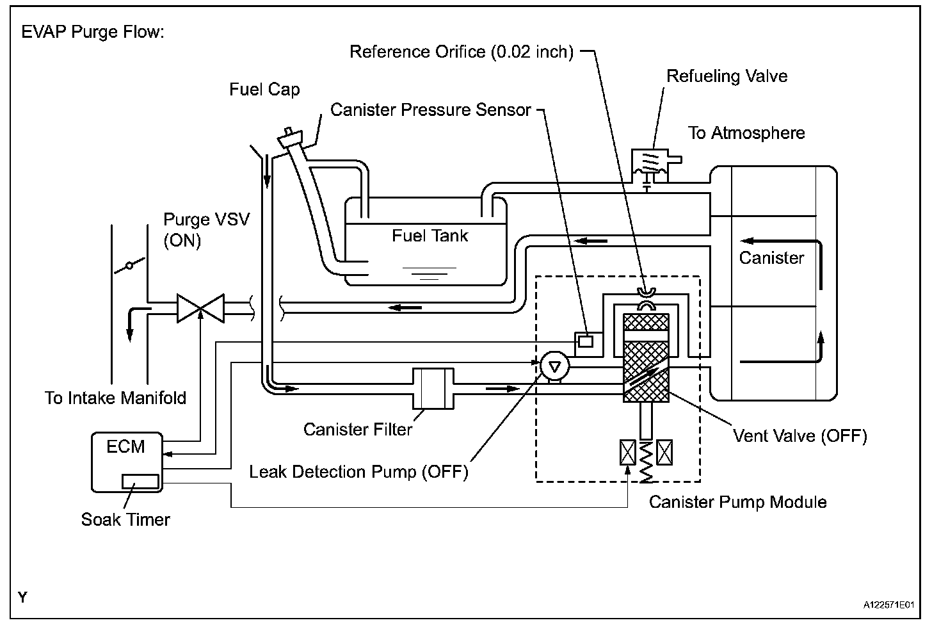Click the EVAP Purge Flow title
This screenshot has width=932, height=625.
[93, 32]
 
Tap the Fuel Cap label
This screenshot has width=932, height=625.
[264, 89]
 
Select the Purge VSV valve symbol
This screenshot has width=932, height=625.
[200, 309]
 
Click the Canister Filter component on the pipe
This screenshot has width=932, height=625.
[433, 388]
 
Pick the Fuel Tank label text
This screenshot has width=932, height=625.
[430, 236]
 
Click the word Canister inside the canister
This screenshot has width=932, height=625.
[771, 258]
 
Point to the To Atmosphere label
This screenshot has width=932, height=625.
[746, 133]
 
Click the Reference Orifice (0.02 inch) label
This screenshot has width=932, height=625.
[462, 51]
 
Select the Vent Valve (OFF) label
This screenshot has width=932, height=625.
[799, 436]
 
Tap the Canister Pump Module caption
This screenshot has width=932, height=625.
[737, 502]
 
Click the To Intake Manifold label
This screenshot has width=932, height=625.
[115, 398]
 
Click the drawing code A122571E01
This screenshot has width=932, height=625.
[888, 605]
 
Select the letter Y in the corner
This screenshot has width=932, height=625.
[23, 598]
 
